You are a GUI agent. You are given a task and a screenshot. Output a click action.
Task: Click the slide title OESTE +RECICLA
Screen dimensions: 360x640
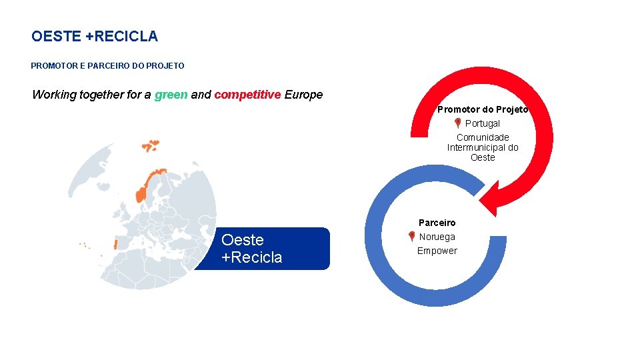pyautogui.click(x=95, y=37)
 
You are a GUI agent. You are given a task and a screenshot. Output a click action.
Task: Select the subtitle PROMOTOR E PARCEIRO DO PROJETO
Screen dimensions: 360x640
pyautogui.click(x=107, y=66)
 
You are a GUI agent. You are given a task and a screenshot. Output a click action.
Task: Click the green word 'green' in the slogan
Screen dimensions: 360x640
pyautogui.click(x=171, y=95)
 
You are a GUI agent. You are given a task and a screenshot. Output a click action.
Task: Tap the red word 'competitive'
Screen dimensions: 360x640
pyautogui.click(x=247, y=95)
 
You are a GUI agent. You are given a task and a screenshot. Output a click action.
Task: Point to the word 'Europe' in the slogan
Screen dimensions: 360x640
pyautogui.click(x=303, y=95)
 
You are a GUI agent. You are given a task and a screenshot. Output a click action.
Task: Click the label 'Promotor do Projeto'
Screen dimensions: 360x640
pyautogui.click(x=483, y=109)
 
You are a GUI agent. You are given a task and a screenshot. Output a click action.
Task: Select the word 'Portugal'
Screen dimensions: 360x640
pyautogui.click(x=482, y=123)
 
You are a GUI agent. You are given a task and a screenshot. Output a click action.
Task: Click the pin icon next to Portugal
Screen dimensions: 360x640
pyautogui.click(x=457, y=123)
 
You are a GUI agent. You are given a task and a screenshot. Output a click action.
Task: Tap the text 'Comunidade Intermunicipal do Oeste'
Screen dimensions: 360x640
pyautogui.click(x=483, y=147)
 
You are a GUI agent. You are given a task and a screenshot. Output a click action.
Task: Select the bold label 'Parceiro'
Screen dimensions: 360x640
pyautogui.click(x=437, y=223)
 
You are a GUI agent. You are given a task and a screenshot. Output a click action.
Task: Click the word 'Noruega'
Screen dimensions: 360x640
pyautogui.click(x=437, y=237)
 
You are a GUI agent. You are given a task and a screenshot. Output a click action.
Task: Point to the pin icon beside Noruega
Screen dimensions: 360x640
pyautogui.click(x=411, y=237)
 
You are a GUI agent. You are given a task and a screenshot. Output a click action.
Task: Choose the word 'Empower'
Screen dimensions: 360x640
pyautogui.click(x=437, y=251)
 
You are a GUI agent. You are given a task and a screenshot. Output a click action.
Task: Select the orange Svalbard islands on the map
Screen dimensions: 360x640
pyautogui.click(x=150, y=145)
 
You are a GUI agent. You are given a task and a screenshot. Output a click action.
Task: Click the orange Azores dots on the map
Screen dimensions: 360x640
pyautogui.click(x=85, y=245)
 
